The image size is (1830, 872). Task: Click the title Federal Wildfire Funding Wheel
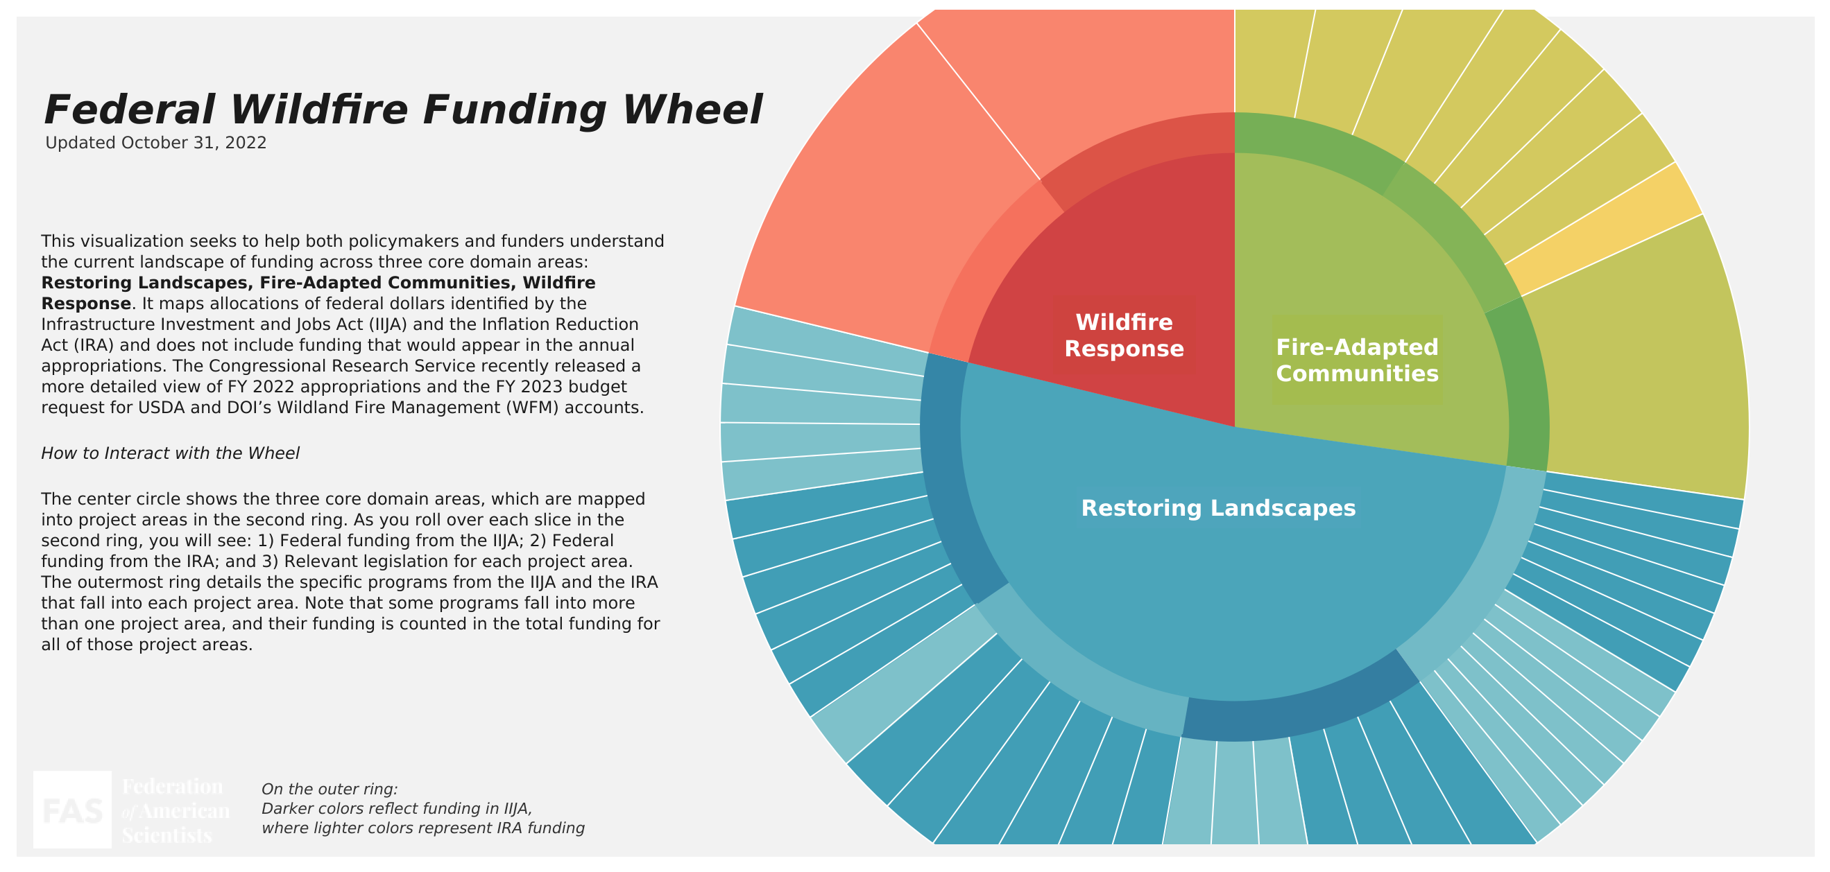[403, 110]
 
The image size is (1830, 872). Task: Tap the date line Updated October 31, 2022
[155, 143]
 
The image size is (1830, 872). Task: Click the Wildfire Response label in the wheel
[1124, 335]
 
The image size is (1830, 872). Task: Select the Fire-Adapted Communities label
[1357, 360]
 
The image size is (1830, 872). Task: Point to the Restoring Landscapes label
[1217, 507]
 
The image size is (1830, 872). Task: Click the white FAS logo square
[72, 809]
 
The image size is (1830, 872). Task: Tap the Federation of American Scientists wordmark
[175, 810]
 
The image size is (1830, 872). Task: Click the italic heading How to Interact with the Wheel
[170, 453]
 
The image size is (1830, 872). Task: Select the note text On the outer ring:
[329, 789]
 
